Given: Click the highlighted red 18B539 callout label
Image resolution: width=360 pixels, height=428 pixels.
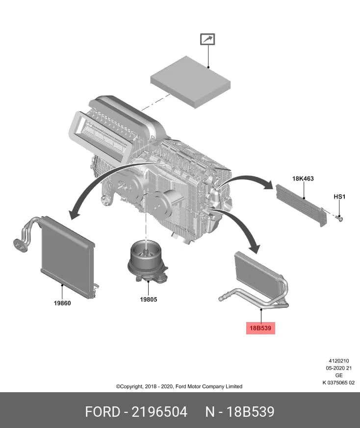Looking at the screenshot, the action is click(x=260, y=328).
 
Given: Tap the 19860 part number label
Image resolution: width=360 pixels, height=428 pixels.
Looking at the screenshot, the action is click(x=62, y=303).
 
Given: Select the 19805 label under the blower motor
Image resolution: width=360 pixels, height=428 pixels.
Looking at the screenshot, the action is click(x=148, y=300).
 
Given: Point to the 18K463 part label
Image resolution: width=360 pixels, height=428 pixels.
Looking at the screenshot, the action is click(x=303, y=178).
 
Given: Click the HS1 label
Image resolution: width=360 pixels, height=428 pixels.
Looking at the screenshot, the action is click(x=339, y=197).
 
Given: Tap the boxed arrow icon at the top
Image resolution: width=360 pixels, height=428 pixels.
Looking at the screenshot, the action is click(x=207, y=39).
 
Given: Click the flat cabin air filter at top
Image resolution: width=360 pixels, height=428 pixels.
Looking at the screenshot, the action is click(x=191, y=81).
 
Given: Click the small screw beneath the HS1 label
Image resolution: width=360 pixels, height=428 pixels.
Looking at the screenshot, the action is click(x=340, y=218).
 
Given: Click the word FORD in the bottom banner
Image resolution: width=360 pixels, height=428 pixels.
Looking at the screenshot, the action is click(x=103, y=412).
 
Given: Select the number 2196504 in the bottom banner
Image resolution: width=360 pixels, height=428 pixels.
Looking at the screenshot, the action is click(x=159, y=412).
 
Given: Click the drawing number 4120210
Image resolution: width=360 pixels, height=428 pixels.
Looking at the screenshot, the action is click(x=339, y=361).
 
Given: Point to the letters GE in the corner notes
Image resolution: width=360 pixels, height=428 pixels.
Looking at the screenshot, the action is click(x=339, y=376).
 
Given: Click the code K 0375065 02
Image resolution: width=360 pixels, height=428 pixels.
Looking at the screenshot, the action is click(x=339, y=383).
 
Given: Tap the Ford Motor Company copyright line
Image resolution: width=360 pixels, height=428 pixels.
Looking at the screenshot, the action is click(x=179, y=386).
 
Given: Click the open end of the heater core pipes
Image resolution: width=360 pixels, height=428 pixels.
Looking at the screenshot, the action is click(x=221, y=300).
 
